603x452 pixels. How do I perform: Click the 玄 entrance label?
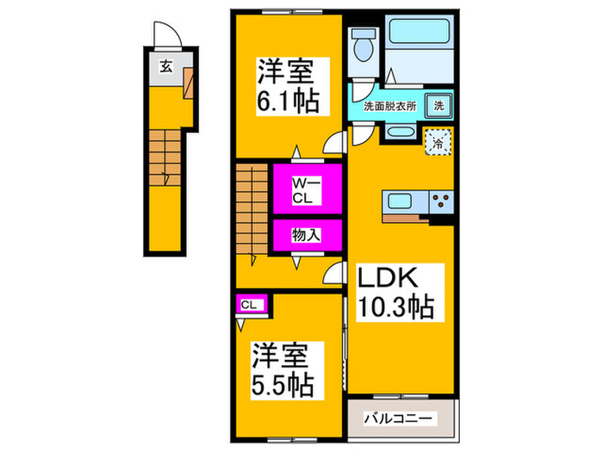(164, 65)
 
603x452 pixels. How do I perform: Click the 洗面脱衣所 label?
(383, 106)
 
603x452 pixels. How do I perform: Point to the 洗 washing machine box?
(438, 105)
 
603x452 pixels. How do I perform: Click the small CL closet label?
(248, 303)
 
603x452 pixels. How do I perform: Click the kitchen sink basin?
(401, 203)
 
